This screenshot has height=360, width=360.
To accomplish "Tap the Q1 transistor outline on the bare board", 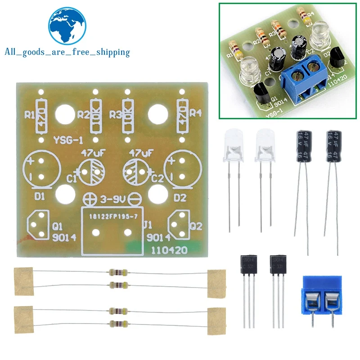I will click(39, 224).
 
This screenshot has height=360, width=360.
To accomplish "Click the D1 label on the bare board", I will click(39, 197).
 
